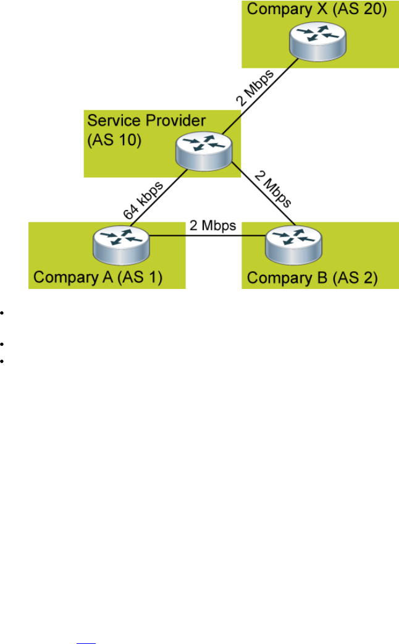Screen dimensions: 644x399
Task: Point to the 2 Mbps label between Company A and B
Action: [212, 226]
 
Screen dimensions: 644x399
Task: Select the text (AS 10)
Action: [114, 139]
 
